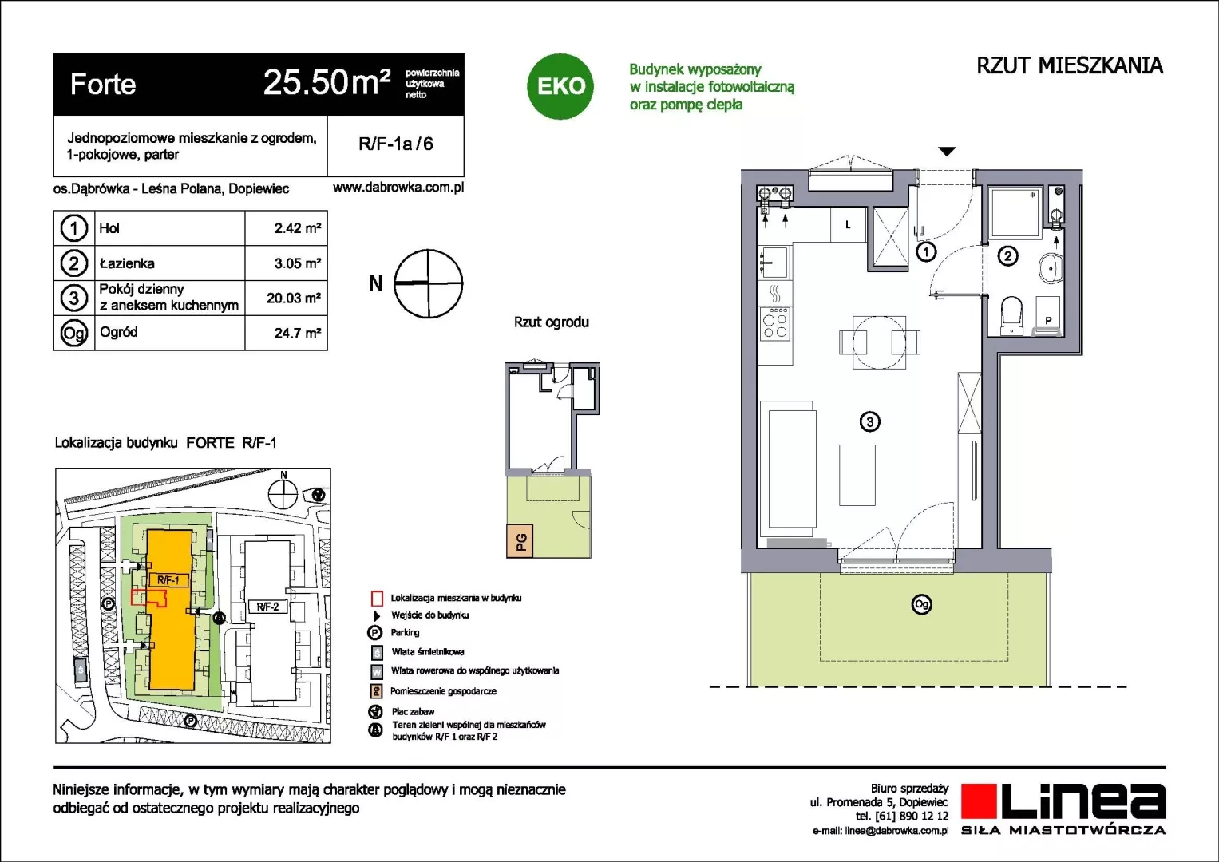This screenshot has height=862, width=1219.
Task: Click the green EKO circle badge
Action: (560, 86)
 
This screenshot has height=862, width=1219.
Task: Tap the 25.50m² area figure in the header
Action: (327, 83)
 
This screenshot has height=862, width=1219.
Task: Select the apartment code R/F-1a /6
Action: (396, 144)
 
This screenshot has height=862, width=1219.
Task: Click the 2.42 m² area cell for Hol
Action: (297, 228)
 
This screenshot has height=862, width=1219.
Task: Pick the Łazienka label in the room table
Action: (127, 263)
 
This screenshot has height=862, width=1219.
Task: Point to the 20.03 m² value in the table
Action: (293, 299)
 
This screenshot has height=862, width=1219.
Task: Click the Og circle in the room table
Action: (74, 333)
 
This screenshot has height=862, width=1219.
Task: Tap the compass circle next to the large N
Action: (428, 283)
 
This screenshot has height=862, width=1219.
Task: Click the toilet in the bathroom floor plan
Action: (1011, 315)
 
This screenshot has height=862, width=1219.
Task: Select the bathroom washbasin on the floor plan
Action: (1051, 268)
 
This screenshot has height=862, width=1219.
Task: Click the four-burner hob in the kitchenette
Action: (775, 324)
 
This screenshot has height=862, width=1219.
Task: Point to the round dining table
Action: (879, 342)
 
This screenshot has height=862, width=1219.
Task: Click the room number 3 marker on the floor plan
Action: (869, 421)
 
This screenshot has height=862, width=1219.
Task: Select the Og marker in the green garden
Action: (921, 604)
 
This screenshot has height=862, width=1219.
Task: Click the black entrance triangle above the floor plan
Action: (947, 152)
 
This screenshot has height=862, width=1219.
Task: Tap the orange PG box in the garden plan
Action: (520, 541)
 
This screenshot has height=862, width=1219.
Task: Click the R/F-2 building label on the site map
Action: (267, 607)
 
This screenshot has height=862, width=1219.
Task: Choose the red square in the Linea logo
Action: (979, 801)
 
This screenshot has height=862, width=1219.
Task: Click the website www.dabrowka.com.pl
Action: (398, 188)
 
